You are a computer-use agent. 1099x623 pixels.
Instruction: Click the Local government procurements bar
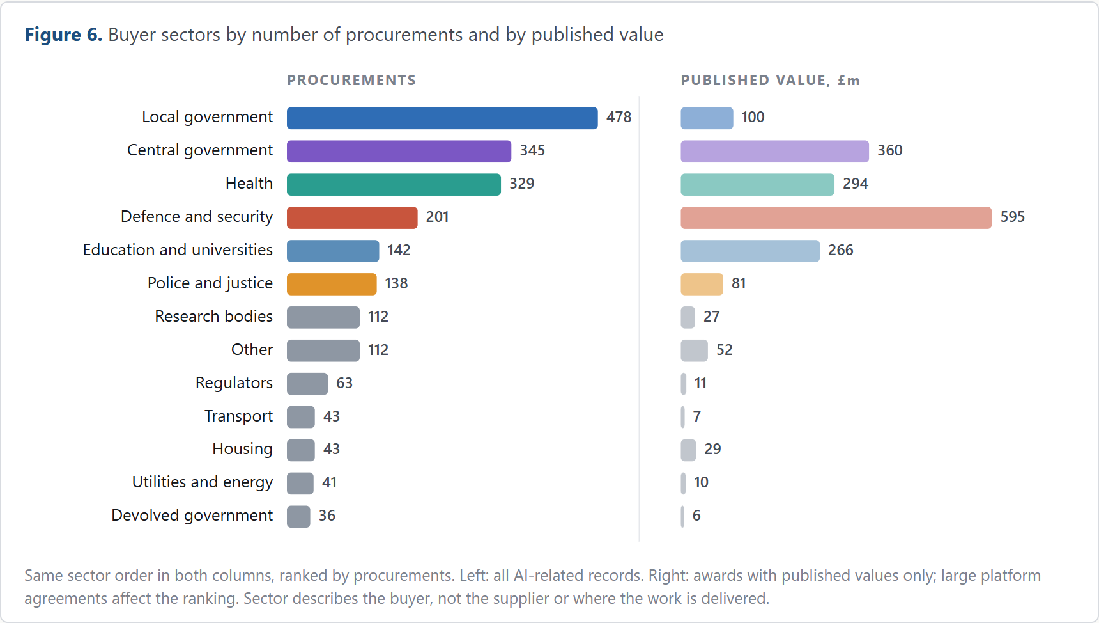click(x=442, y=118)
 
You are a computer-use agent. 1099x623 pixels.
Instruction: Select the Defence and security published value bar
click(x=836, y=218)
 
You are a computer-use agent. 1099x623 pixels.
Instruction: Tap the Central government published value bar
click(x=775, y=152)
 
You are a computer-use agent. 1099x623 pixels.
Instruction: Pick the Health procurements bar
click(x=394, y=185)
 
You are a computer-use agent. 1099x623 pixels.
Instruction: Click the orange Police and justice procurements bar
click(x=332, y=285)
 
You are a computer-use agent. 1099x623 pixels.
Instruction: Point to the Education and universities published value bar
click(x=750, y=251)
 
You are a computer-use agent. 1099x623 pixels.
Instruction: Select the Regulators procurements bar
click(x=307, y=384)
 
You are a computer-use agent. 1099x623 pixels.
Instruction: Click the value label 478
click(x=619, y=118)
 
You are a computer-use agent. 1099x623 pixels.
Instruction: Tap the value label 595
click(x=1013, y=217)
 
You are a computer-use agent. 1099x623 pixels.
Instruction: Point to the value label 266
click(x=841, y=251)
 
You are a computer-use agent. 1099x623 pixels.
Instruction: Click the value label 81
click(x=739, y=284)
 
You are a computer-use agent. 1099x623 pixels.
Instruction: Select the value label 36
click(x=327, y=516)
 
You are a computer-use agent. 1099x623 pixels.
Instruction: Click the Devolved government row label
click(x=192, y=516)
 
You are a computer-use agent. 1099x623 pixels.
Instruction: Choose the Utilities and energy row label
click(x=203, y=482)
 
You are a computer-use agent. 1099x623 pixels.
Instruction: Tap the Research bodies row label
click(x=214, y=317)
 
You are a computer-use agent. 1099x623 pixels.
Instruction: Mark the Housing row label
click(x=243, y=450)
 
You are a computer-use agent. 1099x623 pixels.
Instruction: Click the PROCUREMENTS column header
click(x=351, y=81)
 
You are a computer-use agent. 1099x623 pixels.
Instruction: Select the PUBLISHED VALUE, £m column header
click(x=771, y=81)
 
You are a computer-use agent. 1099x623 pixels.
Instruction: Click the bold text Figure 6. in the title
click(x=64, y=35)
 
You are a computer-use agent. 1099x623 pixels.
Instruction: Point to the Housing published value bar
click(x=688, y=450)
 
